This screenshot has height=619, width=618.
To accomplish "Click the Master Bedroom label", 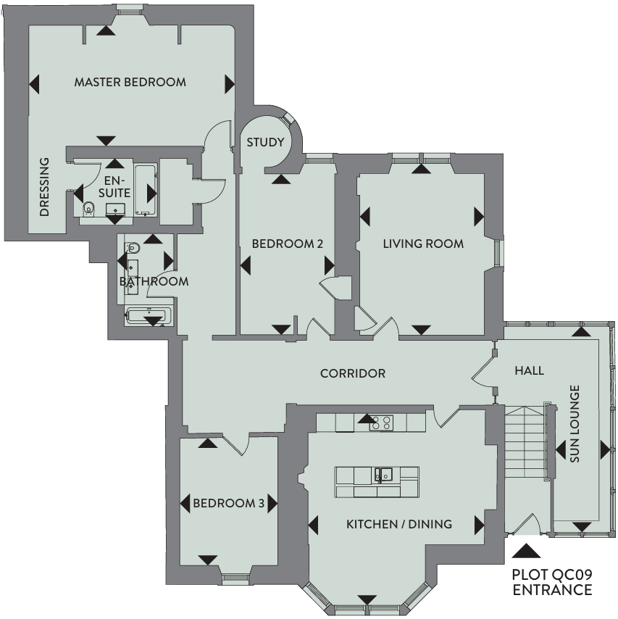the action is point(130,82).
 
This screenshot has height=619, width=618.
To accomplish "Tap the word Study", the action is point(265,142).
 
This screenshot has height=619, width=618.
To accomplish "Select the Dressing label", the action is point(45,187).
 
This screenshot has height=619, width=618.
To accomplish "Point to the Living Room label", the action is point(423,244).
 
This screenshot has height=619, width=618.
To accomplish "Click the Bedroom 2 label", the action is point(288,244).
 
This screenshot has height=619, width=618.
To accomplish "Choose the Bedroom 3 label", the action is point(228,503).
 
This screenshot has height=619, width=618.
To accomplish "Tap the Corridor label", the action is point(352,373).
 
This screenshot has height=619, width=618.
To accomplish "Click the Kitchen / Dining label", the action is point(399,524).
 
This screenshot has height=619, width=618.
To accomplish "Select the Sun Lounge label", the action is point(575,423).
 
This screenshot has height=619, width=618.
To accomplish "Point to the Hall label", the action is point(529,370).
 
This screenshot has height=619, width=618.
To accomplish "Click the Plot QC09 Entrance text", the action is point(551,582).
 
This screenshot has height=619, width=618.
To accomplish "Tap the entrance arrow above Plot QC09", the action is point(526,551).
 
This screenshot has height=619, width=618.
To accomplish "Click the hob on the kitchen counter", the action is point(381,423).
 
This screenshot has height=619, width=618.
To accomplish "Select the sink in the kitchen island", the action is point(383,475).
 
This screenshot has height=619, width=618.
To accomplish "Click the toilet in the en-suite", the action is point(89,207).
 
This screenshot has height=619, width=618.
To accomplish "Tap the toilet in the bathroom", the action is point(133,248).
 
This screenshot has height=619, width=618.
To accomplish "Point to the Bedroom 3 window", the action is point(235,579).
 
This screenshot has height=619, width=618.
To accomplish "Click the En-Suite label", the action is point(114,187).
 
